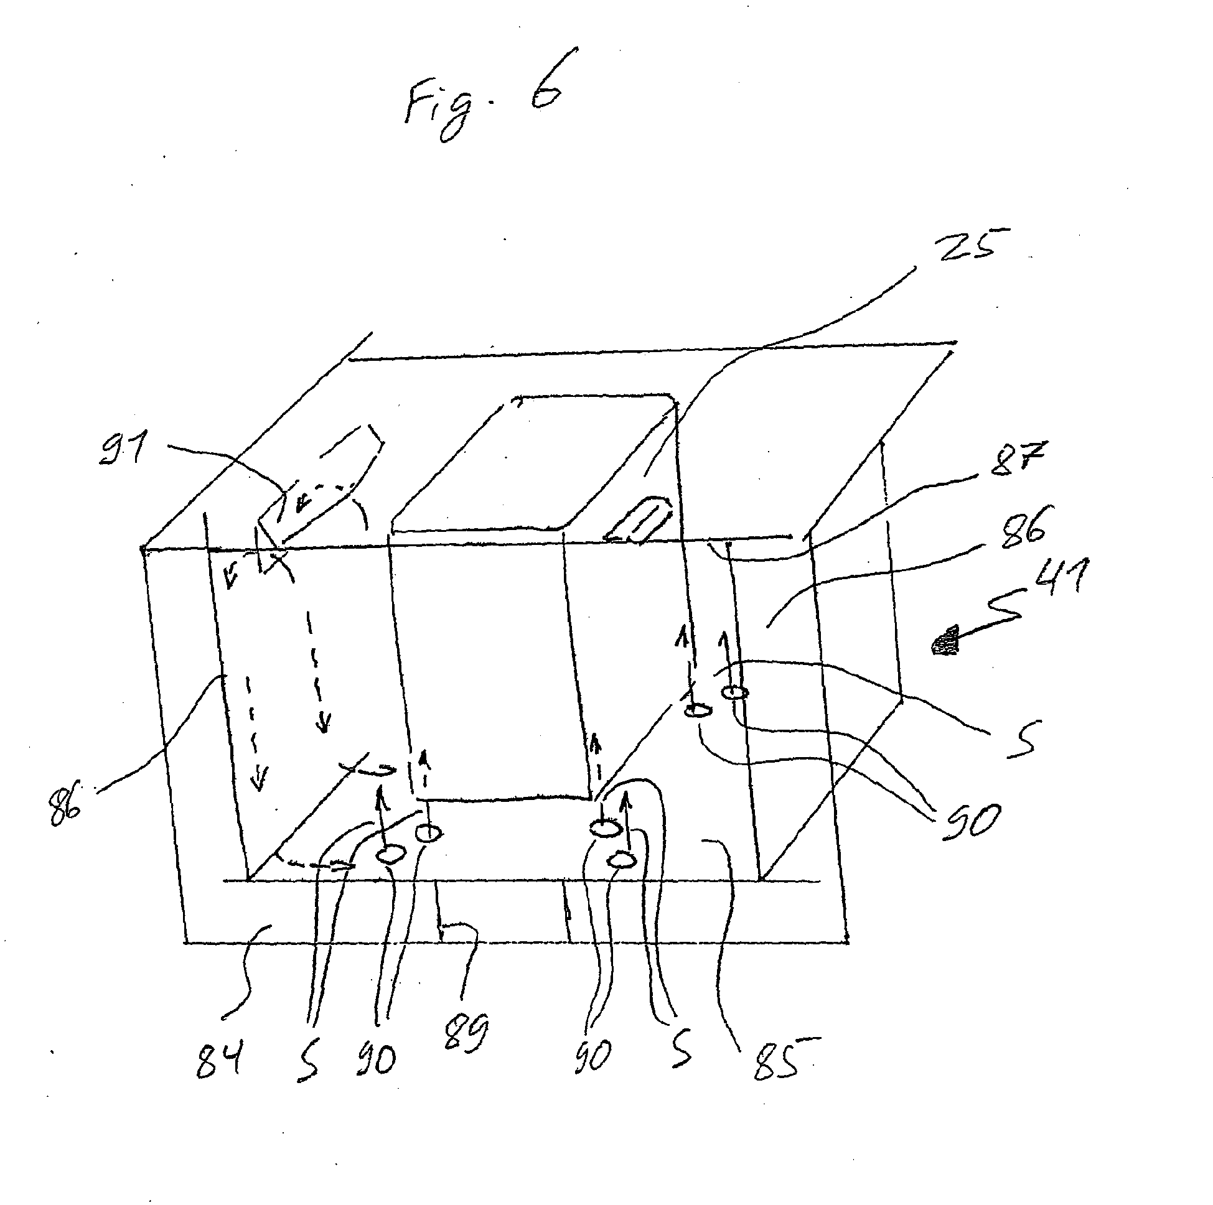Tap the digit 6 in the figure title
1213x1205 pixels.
tap(545, 81)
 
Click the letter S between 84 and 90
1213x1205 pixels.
tap(307, 1061)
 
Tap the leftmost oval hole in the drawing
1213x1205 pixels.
tap(390, 854)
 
